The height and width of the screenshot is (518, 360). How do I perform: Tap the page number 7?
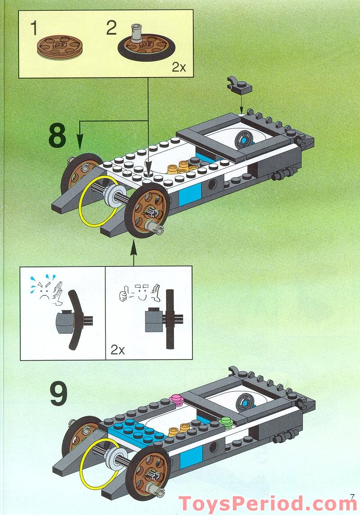point(352,497)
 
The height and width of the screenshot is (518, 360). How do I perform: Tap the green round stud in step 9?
point(225,422)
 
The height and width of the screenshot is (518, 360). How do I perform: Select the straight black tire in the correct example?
point(169,319)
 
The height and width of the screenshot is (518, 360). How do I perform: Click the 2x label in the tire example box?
point(118,350)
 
